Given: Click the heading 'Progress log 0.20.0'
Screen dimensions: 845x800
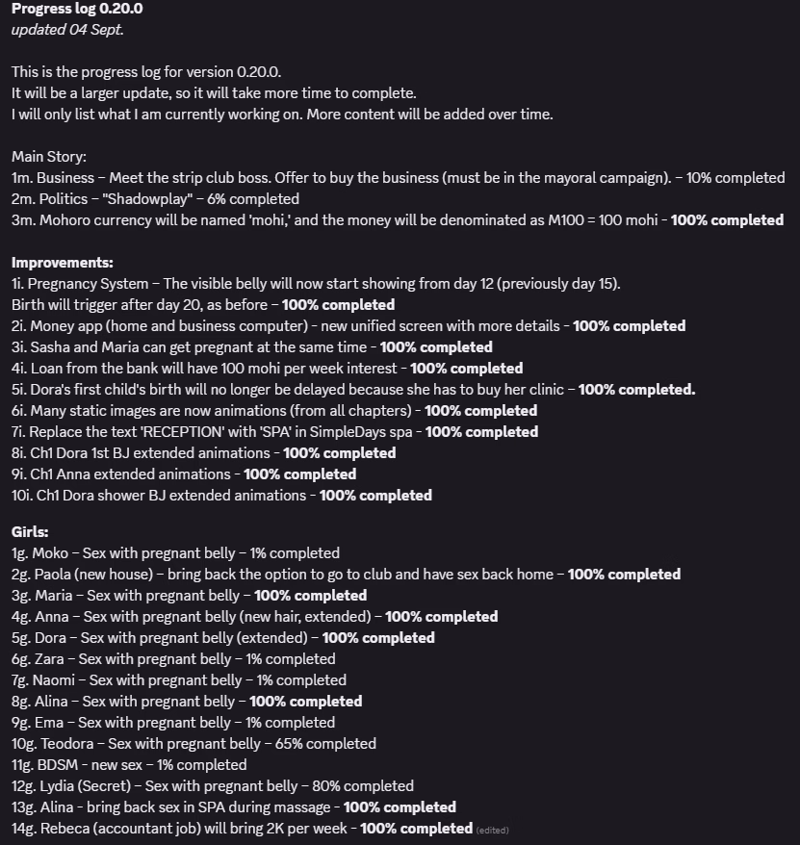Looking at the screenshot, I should point(77,9).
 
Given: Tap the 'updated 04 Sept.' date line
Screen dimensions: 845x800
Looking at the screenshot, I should point(68,30).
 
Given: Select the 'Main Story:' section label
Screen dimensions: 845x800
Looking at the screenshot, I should point(49,157).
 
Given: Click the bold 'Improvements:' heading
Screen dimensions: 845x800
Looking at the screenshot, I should point(63,263).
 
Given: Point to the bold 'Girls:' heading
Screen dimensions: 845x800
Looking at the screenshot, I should point(30,531).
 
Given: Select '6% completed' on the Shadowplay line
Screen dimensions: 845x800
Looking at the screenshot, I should point(254,199).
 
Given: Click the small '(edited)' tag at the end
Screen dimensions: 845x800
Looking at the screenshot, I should point(492,829).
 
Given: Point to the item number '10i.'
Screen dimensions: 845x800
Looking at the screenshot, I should point(21,496).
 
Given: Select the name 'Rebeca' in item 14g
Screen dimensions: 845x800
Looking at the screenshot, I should point(60,828).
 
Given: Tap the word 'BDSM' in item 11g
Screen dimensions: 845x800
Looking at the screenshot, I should point(53,764).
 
